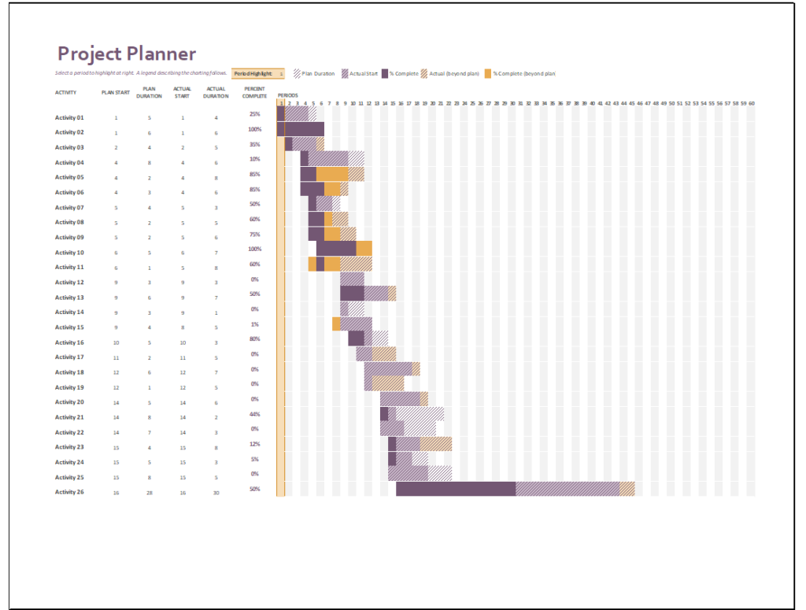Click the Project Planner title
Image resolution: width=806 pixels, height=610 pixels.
coord(126,54)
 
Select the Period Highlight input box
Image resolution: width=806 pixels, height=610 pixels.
coord(258,73)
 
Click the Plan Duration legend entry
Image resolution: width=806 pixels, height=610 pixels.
coord(315,73)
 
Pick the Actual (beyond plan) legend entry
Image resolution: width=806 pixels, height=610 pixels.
coord(451,73)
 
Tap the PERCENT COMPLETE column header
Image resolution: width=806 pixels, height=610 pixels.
coord(254,92)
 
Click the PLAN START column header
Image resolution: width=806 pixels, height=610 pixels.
coord(116,92)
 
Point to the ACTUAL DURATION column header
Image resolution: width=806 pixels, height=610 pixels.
coord(216,92)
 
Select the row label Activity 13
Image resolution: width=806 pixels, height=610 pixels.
coord(69,298)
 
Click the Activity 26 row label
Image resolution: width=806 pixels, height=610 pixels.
coord(69,492)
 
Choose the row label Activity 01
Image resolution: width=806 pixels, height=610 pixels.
coord(69,117)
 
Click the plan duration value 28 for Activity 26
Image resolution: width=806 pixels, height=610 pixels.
coord(150,493)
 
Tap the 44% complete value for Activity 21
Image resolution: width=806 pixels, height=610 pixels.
coord(254,414)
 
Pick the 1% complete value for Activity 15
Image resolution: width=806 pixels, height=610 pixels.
coord(254,324)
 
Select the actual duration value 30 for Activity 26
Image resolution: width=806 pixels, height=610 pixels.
coord(216,493)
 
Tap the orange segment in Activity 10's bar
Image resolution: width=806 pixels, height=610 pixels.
coord(364,249)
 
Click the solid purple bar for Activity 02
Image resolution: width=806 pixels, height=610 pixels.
coord(304,129)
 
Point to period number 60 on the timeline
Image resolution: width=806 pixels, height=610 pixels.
coord(752,103)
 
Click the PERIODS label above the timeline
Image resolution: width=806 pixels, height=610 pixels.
coord(287,95)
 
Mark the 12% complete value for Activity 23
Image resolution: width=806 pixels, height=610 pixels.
coord(254,444)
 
